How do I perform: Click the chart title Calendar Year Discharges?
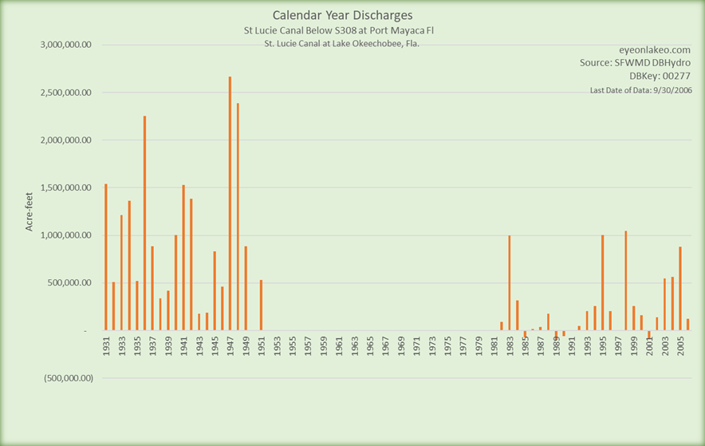coord(343,15)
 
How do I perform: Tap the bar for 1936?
coord(144,223)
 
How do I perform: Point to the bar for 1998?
coord(625,280)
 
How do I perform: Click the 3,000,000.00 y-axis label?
coord(67,45)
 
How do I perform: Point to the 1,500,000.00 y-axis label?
coord(67,187)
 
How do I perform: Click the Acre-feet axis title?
coord(30,211)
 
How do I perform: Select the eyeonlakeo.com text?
coord(653,49)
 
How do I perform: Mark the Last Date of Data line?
coord(640,90)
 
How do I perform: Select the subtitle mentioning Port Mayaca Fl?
coord(343,30)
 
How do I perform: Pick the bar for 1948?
coord(238,216)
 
